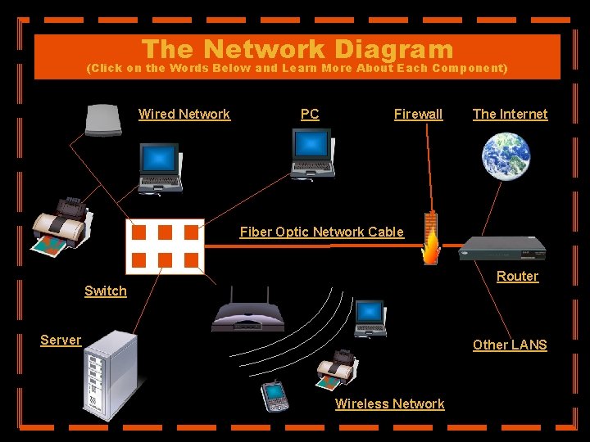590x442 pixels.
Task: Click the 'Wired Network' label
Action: coord(184,115)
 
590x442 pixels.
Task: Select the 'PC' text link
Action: coord(310,115)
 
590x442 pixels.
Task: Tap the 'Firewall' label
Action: coord(418,115)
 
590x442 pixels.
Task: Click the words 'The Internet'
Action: coord(510,115)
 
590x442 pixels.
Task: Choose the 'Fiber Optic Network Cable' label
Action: coord(321,232)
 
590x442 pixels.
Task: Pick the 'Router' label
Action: coord(517,277)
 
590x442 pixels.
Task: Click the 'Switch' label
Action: coord(106,291)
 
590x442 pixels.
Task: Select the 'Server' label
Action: coord(61,341)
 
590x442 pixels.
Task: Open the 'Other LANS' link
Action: coord(509,345)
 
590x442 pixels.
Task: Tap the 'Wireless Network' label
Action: coord(389,404)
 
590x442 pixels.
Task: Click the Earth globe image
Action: coord(506,157)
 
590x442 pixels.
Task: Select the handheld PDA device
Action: coord(275,396)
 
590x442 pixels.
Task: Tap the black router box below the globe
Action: coord(501,246)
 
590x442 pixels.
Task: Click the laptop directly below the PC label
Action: coord(312,155)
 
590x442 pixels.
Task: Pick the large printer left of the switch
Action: coord(61,224)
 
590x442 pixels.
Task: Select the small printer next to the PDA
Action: coord(336,371)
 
